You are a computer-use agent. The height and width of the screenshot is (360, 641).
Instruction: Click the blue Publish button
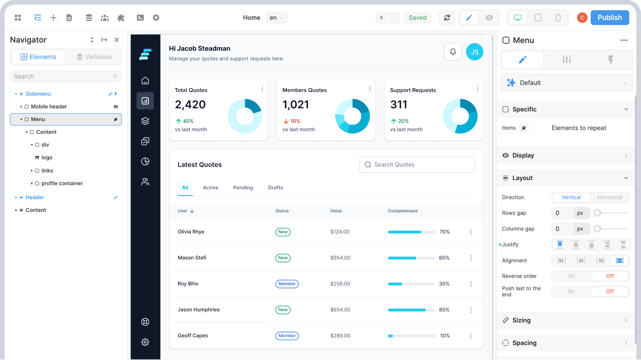(x=609, y=18)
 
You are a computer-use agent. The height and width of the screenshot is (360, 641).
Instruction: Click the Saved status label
(x=417, y=18)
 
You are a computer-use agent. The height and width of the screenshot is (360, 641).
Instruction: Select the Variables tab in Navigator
(x=94, y=57)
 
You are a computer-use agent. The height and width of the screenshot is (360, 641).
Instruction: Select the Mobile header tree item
(x=49, y=106)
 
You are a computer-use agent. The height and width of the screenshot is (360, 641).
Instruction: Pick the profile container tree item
(x=62, y=184)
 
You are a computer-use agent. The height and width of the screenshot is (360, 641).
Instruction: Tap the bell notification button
(x=453, y=52)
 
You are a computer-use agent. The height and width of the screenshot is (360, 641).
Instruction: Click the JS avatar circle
(x=475, y=52)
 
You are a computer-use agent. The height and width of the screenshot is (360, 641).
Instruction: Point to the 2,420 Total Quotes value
(x=190, y=104)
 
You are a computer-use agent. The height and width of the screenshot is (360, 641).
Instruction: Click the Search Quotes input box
(x=416, y=165)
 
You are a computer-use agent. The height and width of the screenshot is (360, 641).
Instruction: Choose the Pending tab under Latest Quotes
(x=243, y=188)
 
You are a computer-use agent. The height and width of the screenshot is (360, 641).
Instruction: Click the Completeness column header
(x=403, y=211)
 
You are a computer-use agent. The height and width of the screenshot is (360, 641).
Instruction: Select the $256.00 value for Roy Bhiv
(x=340, y=284)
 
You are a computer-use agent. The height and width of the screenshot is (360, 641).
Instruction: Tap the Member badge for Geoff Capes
(x=287, y=336)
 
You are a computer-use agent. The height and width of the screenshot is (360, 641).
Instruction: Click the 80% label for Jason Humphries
(x=444, y=310)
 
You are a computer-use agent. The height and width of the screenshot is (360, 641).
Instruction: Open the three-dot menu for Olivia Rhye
(x=471, y=232)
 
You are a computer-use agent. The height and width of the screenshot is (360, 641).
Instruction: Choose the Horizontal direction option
(x=609, y=198)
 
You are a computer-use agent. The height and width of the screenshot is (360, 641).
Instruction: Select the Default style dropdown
(x=566, y=83)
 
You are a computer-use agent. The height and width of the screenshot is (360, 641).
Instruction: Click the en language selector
(x=276, y=18)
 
